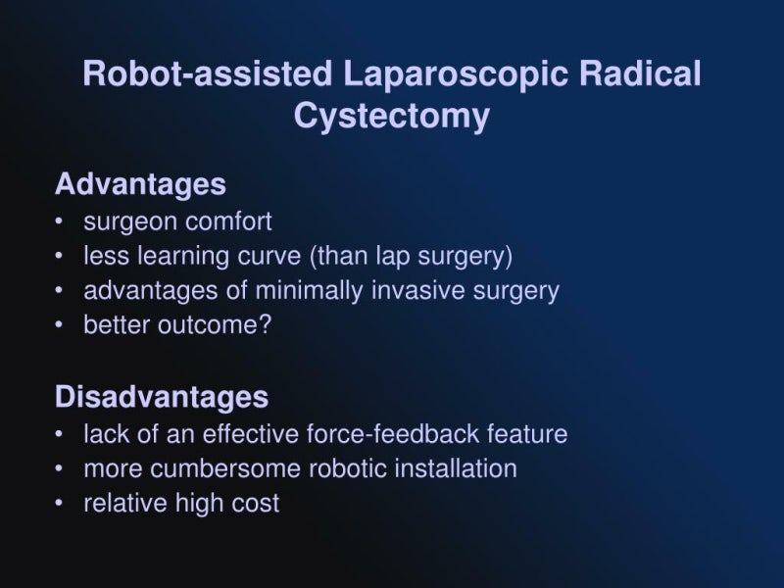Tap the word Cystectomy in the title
coord(391,116)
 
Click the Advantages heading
coord(140,184)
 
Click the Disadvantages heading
coord(162,397)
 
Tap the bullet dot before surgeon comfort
coord(61,221)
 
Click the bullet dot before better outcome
coord(61,325)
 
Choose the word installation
coord(456,468)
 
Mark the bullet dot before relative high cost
coord(61,504)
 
